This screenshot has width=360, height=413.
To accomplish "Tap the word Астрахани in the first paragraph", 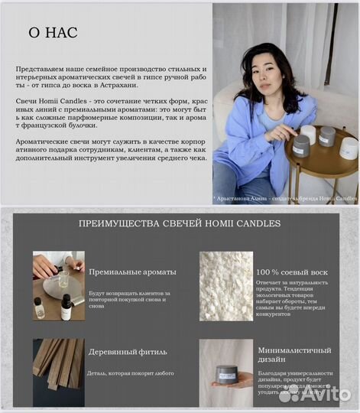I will [115, 85].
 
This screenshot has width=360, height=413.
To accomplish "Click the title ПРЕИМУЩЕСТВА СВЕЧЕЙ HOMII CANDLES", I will [180, 223].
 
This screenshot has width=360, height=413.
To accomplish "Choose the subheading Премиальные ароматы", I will [132, 272].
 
